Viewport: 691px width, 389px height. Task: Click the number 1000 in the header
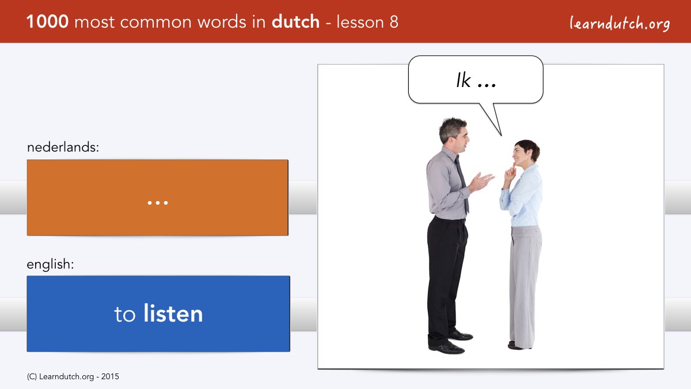[x=47, y=22]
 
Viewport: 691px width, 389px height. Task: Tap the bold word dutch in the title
[x=295, y=21]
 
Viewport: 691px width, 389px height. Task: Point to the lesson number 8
[x=394, y=22]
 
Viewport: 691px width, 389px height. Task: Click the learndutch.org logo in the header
[x=620, y=24]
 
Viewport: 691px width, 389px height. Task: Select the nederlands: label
[x=63, y=147]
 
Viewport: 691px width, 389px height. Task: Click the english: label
[x=50, y=265]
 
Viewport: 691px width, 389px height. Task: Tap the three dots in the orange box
[x=158, y=203]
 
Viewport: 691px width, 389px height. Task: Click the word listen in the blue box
[x=173, y=314]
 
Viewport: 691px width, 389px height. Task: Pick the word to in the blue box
[x=125, y=315]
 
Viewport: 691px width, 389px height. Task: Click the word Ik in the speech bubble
[x=464, y=81]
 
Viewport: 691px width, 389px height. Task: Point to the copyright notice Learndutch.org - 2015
[x=73, y=377]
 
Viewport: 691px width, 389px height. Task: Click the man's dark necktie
[x=462, y=183]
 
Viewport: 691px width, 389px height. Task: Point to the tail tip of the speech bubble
[x=502, y=135]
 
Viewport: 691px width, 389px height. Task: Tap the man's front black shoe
[x=447, y=348]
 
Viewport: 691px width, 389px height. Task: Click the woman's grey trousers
[x=525, y=286]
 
